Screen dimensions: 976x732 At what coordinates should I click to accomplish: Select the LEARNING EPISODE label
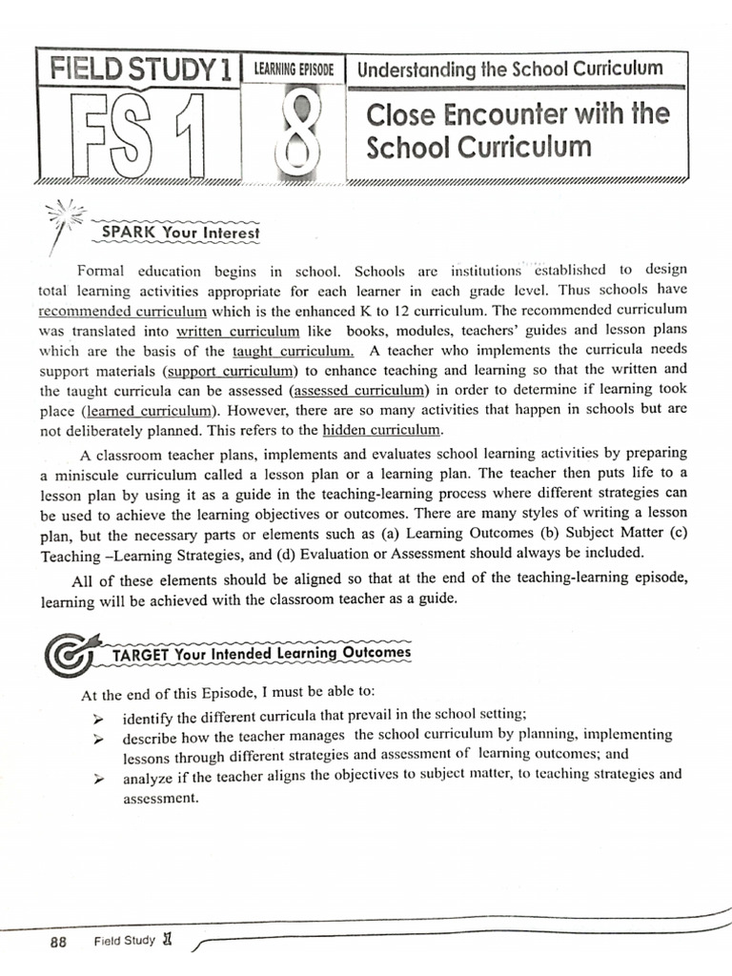pos(295,70)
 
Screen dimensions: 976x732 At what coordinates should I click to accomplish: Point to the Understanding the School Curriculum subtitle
pos(509,69)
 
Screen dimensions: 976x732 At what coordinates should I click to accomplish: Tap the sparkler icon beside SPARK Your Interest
pos(65,217)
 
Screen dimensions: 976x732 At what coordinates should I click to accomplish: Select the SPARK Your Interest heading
pos(180,232)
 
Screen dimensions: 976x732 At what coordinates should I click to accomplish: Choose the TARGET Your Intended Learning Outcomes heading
pos(261,653)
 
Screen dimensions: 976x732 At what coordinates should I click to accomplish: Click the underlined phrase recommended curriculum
pos(122,311)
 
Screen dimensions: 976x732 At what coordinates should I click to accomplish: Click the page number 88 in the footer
pos(58,942)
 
